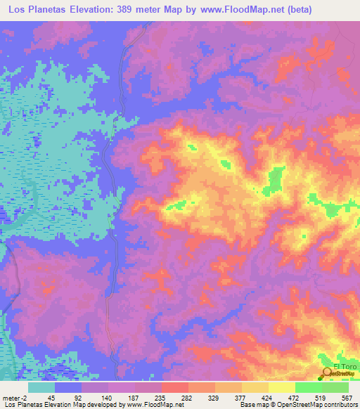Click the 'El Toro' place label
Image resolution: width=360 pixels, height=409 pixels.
[345, 367]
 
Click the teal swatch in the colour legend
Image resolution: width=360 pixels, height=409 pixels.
[41, 387]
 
